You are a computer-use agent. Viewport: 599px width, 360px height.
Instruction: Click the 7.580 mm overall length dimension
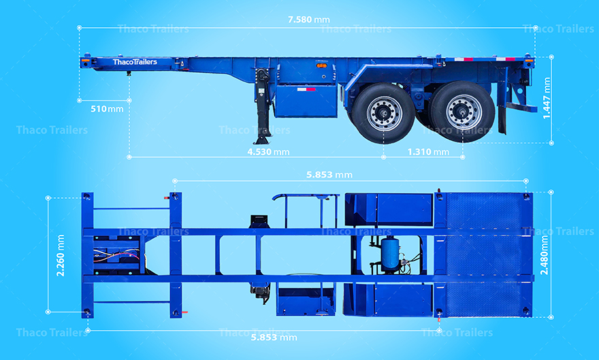pos(308,19)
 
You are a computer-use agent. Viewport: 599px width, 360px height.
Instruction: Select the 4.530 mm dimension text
pos(268,152)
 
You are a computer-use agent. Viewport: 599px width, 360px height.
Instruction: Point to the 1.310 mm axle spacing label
pos(427,152)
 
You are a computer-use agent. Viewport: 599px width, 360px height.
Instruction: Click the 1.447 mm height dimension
pos(547,99)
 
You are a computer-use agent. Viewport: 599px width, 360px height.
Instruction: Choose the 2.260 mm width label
pos(60,255)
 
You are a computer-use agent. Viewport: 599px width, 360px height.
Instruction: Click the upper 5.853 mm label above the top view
pos(329,175)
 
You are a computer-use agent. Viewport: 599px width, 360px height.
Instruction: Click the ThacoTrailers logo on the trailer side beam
pos(135,62)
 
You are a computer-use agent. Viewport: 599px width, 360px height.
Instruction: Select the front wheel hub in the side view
pos(384,112)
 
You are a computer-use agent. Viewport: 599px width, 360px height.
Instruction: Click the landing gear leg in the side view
pos(261,105)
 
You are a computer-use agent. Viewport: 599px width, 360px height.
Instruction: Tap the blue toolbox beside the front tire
pos(306,100)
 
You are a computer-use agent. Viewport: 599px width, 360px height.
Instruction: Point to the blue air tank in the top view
pos(390,252)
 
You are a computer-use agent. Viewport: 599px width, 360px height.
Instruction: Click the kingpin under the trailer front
pos(128,73)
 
